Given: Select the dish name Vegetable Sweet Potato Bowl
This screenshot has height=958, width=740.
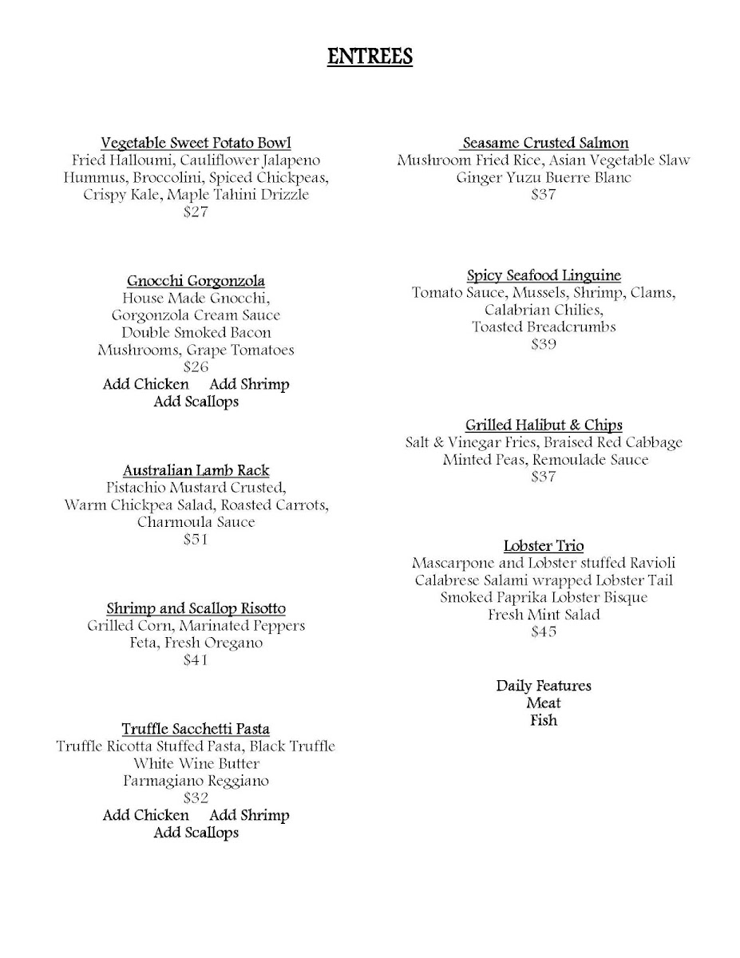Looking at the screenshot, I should click(x=196, y=143).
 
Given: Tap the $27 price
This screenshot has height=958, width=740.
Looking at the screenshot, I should click(x=196, y=212).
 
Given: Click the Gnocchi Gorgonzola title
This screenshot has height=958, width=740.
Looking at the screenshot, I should click(x=196, y=281).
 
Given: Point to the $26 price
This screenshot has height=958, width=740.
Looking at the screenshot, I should click(x=196, y=367).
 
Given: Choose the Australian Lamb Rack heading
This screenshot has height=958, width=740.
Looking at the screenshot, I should click(x=196, y=470).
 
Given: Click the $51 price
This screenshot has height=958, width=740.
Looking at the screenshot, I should click(x=196, y=540).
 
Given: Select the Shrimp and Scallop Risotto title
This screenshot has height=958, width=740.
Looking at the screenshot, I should click(x=196, y=608).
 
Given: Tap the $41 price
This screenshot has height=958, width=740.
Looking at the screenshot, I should click(x=196, y=660).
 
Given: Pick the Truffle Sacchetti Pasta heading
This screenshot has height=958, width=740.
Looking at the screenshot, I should click(x=196, y=729).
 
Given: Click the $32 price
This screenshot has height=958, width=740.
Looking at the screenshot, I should click(x=196, y=798).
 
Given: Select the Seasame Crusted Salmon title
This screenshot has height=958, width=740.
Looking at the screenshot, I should click(x=544, y=143).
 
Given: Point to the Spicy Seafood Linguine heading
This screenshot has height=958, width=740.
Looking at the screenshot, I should click(x=544, y=275).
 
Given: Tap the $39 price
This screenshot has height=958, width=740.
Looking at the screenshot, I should click(x=544, y=345).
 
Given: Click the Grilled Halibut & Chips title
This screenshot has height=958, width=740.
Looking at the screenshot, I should click(x=544, y=425).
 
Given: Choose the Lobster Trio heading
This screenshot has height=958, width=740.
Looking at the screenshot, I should click(x=544, y=546).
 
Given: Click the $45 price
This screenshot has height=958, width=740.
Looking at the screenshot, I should click(x=544, y=632).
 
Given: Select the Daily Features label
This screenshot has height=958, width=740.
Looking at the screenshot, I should click(x=544, y=686).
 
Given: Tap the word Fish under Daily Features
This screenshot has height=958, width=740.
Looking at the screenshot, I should click(x=544, y=721).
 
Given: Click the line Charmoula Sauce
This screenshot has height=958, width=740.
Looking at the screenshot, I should click(x=196, y=522).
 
